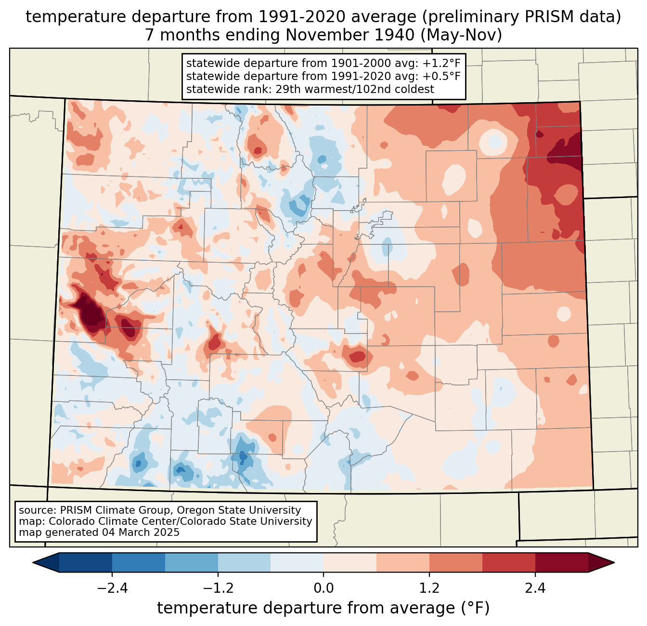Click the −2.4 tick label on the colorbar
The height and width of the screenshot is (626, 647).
tap(112, 588)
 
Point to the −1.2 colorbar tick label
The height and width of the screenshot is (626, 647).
tap(218, 588)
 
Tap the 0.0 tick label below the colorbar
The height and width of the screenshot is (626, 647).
tap(323, 588)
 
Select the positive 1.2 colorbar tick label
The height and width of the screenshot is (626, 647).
tap(429, 588)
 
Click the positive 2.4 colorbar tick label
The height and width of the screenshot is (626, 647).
tap(535, 588)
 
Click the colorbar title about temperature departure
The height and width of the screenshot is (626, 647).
tap(323, 608)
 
